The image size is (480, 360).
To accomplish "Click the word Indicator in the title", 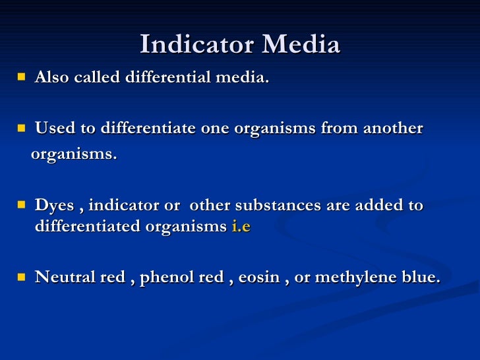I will pos(198,45).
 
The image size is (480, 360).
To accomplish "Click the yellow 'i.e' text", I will pos(241,225).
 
